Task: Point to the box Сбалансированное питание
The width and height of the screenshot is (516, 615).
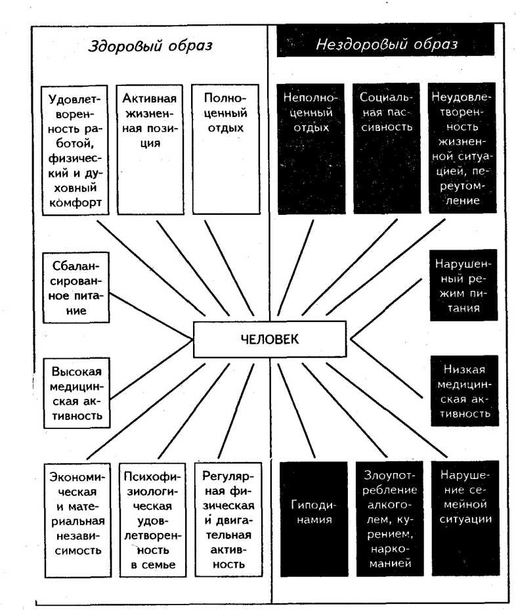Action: click(75, 287)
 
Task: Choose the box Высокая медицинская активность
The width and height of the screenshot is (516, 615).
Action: click(75, 392)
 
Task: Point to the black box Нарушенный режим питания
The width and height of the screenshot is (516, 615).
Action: click(460, 285)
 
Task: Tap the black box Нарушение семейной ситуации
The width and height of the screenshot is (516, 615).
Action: click(462, 519)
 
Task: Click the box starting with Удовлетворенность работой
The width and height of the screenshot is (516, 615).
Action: click(75, 150)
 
